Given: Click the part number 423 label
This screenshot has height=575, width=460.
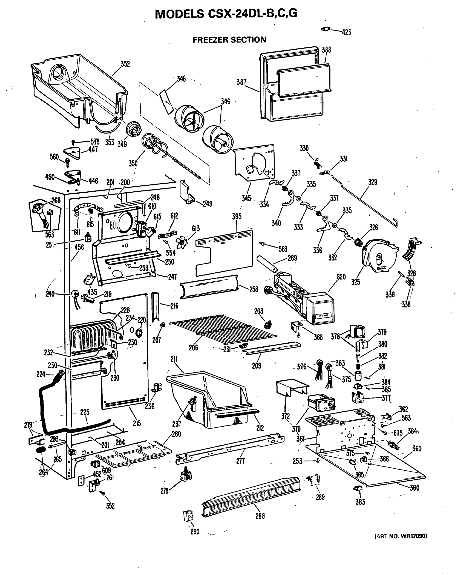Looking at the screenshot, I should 346,32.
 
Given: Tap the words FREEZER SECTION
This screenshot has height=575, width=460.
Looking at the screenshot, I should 229,40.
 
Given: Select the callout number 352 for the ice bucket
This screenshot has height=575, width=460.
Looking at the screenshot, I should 125,64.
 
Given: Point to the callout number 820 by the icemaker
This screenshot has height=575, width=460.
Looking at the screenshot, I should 341,276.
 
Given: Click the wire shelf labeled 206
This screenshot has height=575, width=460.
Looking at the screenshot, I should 224,329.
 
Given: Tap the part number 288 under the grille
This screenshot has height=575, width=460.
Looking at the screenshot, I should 260,516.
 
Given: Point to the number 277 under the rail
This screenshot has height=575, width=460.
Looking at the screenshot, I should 240,461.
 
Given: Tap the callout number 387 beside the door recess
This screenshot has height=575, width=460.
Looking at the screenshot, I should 241,82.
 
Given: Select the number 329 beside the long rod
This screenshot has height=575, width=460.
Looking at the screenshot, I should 373,182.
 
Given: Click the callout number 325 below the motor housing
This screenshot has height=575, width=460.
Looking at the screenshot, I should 356,282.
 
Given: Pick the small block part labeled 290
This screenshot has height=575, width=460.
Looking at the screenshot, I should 188,515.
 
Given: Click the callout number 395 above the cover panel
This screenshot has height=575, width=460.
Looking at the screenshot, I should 236,217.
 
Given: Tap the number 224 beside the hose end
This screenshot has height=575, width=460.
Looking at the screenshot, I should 41,374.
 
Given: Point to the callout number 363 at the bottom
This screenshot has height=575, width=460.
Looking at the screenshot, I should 360,502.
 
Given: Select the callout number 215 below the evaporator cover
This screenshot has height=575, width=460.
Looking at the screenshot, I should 137,423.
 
